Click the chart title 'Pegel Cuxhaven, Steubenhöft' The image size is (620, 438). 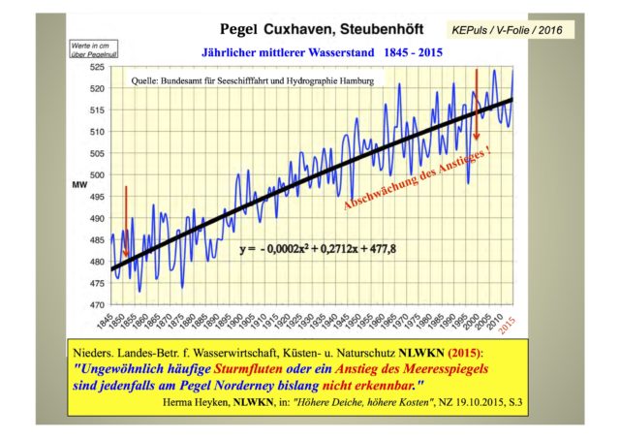pos(289,31)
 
